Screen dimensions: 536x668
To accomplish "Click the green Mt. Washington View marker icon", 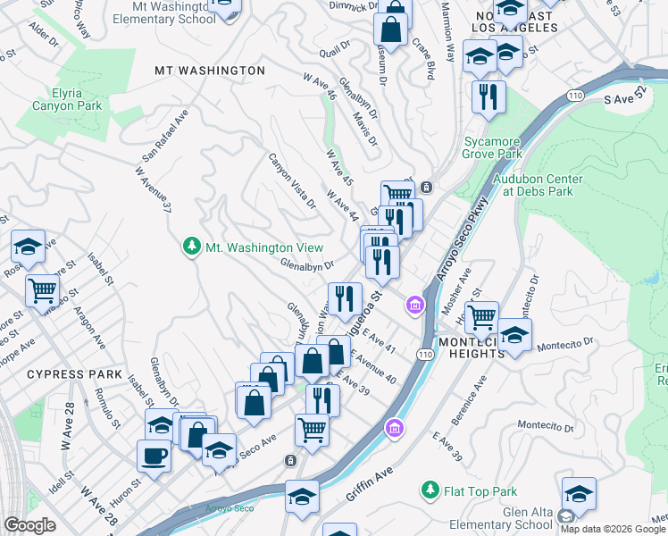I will coord(190,247).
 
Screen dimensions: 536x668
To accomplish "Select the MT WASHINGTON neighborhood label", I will coord(210,70).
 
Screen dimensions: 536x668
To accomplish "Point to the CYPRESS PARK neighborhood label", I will coord(66,373).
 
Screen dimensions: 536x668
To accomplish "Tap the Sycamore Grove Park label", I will coord(492,147).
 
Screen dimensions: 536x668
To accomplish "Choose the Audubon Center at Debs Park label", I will coord(538,185).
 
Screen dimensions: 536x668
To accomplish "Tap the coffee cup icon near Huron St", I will coord(154,456).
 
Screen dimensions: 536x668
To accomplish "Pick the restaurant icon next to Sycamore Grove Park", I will coord(488,96).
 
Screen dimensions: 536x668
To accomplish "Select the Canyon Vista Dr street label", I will coord(293,180).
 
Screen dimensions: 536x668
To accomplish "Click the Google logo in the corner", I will coord(30,525).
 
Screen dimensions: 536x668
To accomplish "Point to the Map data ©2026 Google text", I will coord(613,529).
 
